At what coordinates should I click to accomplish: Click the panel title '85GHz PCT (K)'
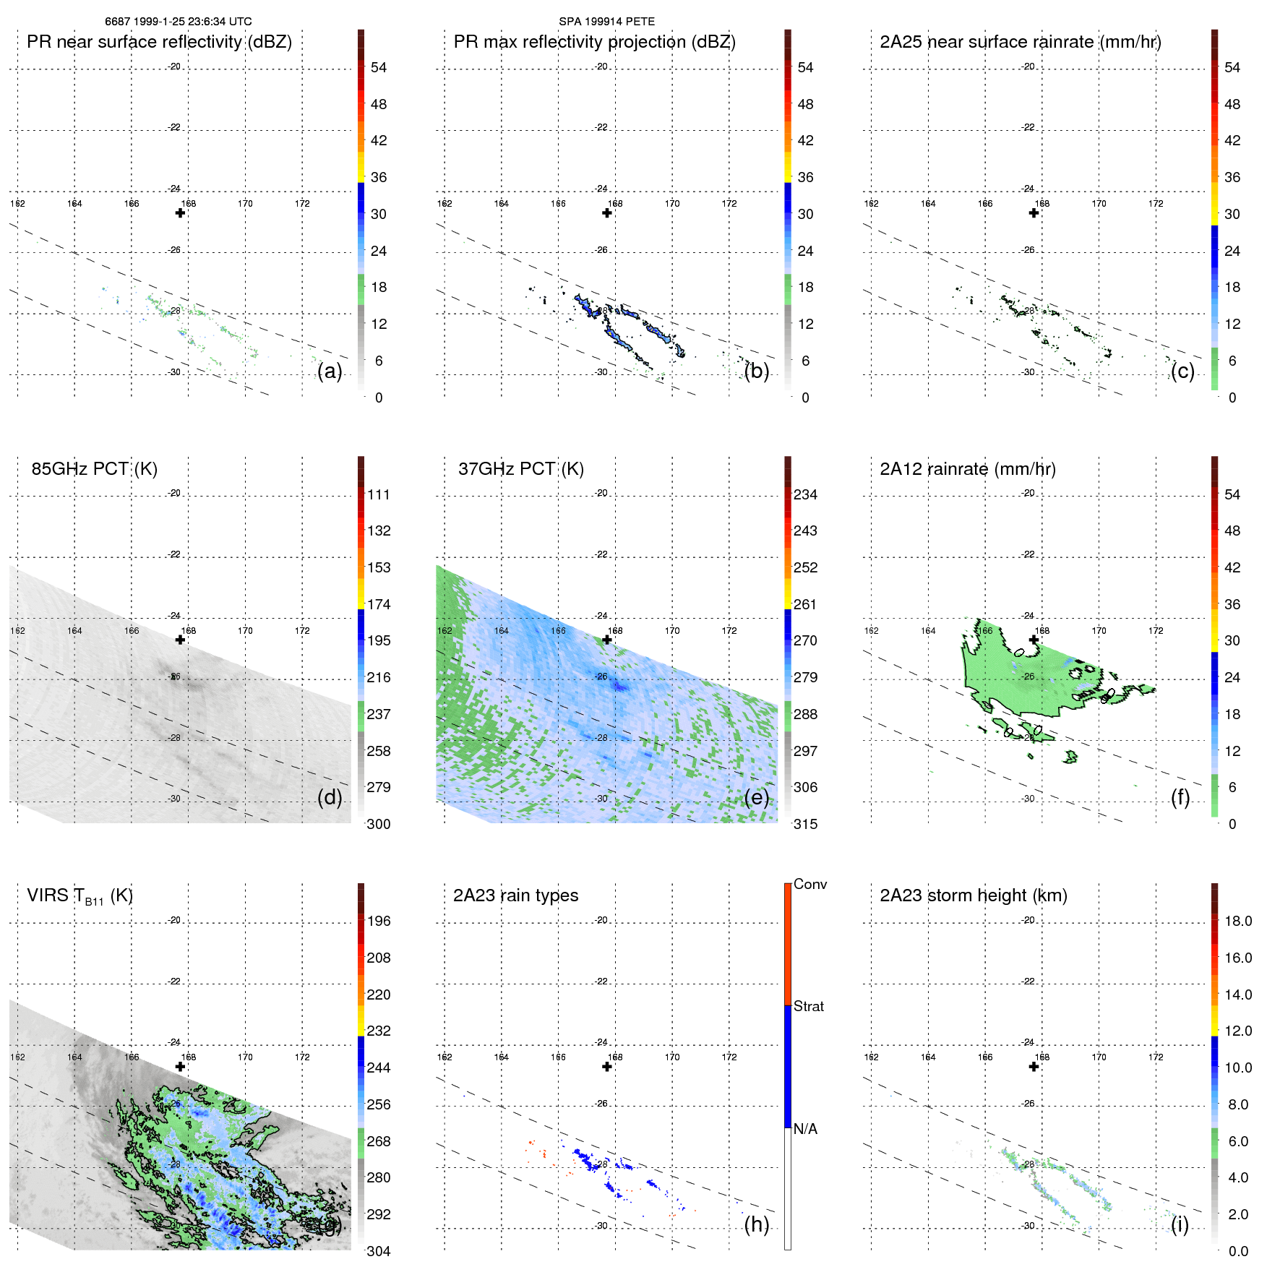[x=94, y=469]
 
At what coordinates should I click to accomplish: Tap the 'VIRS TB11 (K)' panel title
[x=80, y=896]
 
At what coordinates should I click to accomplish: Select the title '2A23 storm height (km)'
[x=974, y=895]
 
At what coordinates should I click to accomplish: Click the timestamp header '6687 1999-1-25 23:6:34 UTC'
[x=179, y=22]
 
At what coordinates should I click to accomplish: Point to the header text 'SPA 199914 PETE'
[x=606, y=22]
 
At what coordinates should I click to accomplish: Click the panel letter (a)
[x=330, y=371]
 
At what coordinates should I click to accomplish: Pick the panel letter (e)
[x=756, y=798]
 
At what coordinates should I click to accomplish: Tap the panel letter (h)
[x=756, y=1224]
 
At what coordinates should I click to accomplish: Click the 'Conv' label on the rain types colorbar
[x=810, y=884]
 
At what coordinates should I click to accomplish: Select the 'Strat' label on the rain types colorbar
[x=809, y=1006]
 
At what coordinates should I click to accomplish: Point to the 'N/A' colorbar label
[x=805, y=1129]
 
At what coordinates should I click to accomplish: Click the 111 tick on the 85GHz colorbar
[x=379, y=494]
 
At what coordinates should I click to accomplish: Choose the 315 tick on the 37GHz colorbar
[x=805, y=824]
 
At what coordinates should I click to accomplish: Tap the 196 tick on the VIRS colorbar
[x=379, y=921]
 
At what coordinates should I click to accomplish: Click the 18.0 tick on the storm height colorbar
[x=1238, y=921]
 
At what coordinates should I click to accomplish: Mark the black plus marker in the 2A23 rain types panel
[x=607, y=1067]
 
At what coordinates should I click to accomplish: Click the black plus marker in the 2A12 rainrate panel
[x=1034, y=640]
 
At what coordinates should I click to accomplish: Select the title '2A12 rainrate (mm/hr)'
[x=968, y=469]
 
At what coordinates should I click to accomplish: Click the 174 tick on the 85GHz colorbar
[x=379, y=604]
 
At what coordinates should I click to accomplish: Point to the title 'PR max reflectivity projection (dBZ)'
[x=594, y=42]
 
